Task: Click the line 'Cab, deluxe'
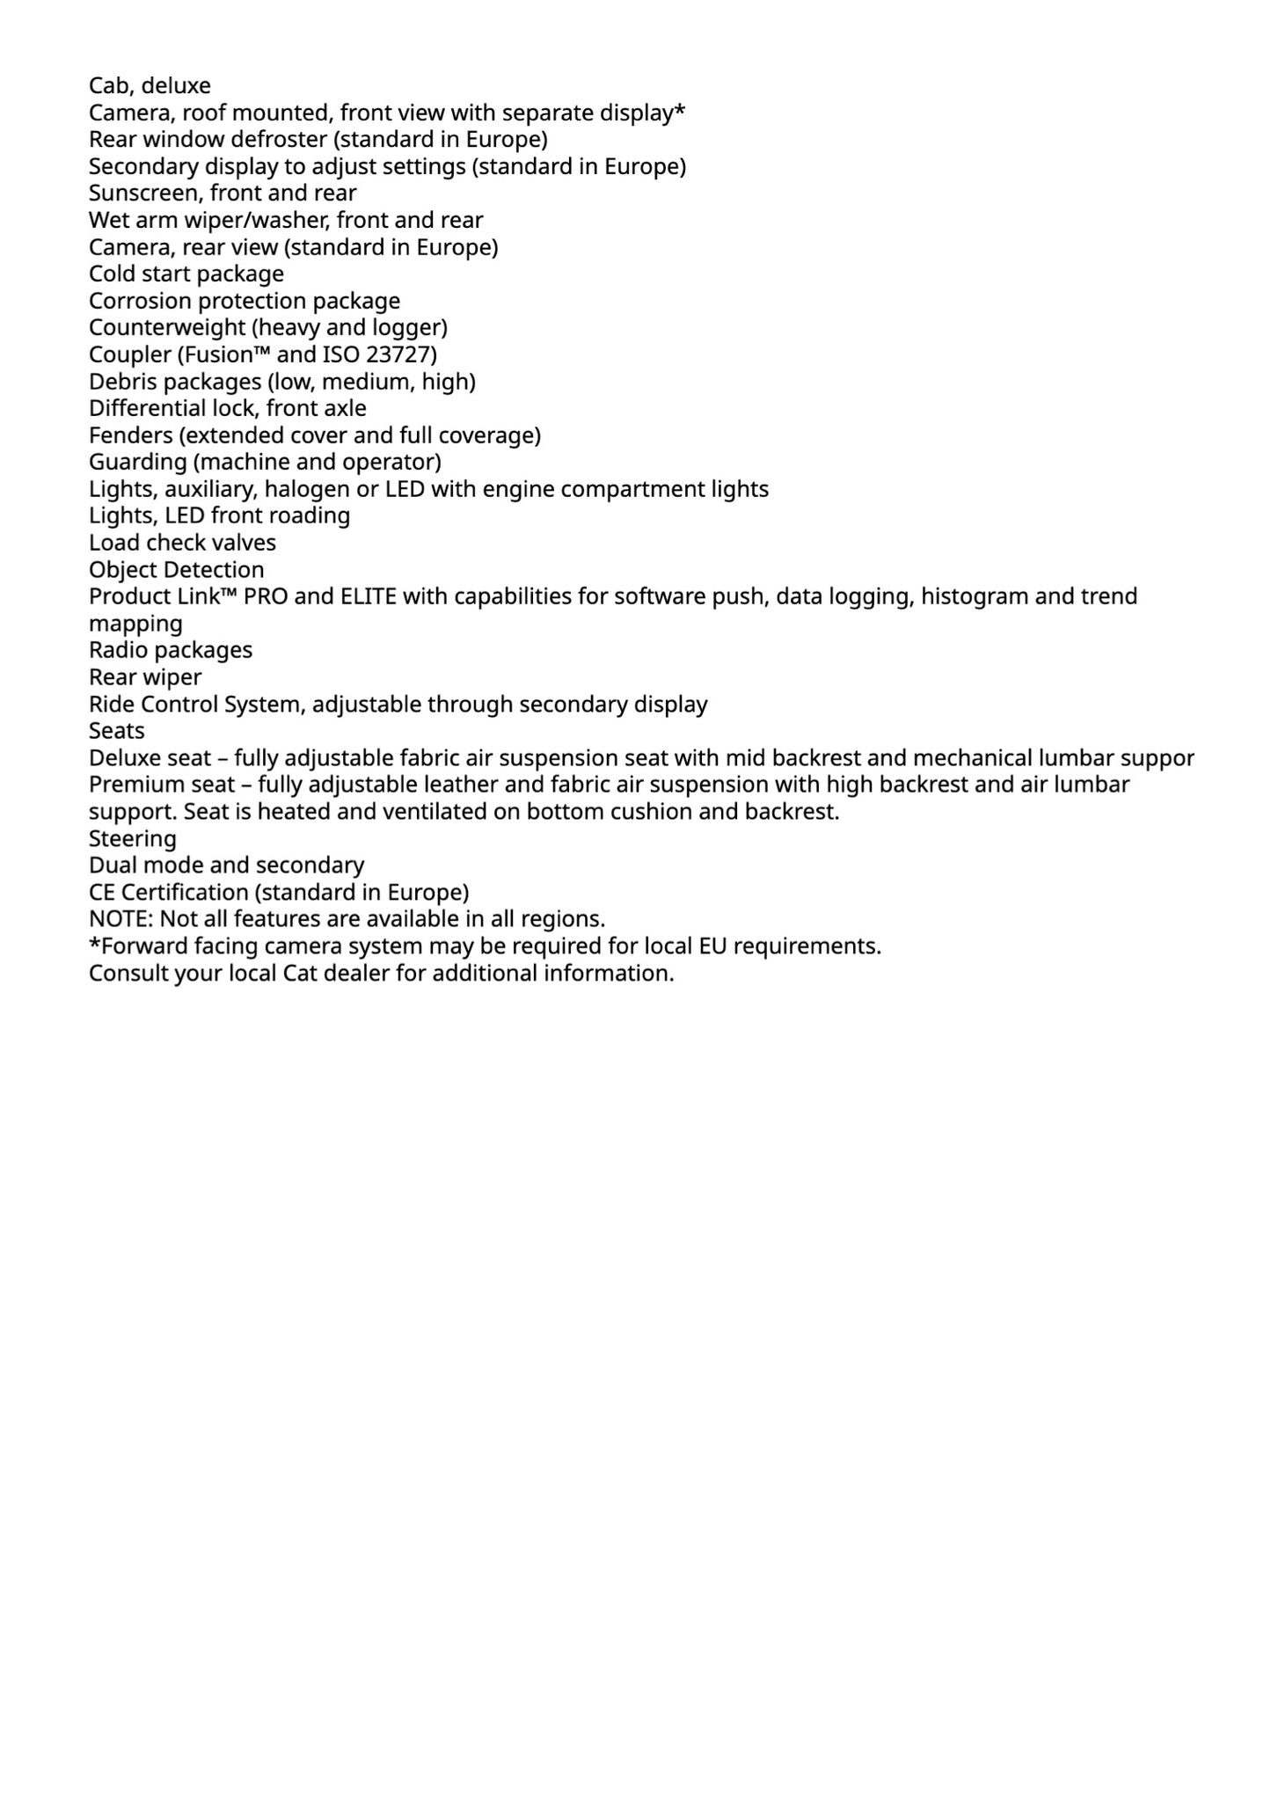[150, 85]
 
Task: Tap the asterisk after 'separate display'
[679, 111]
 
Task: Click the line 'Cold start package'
[186, 274]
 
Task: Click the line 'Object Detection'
[176, 570]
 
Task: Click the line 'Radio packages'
[170, 650]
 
